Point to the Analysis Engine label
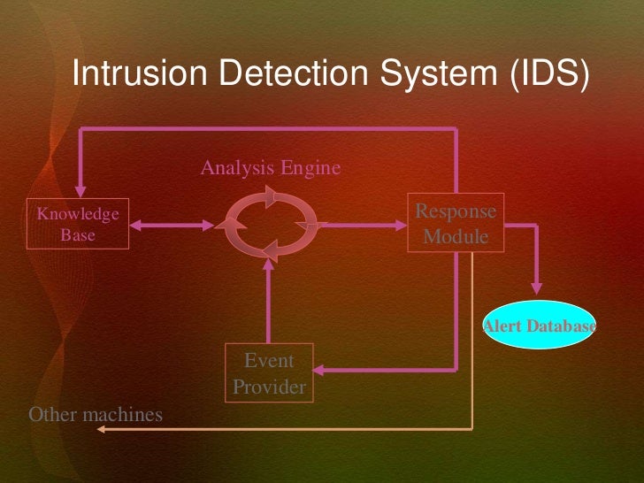tap(270, 167)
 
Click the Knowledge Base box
tap(78, 225)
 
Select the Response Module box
tap(456, 224)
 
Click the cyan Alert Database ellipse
tap(539, 326)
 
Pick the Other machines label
tap(96, 414)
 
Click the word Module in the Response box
tap(456, 236)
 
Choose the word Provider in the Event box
tap(269, 387)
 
